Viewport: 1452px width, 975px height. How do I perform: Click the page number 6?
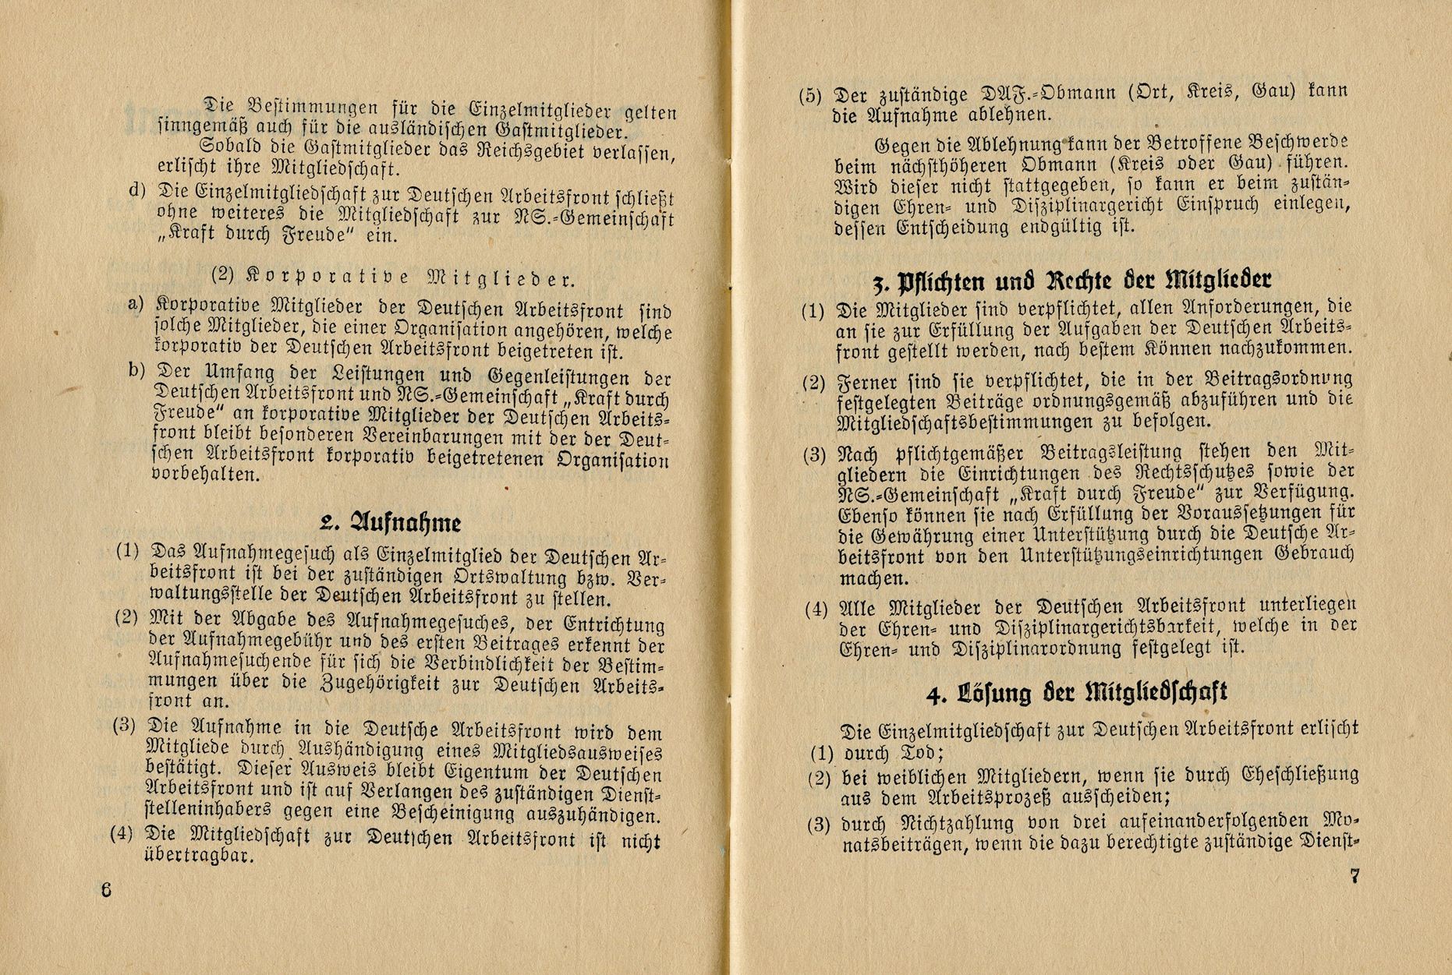click(x=107, y=890)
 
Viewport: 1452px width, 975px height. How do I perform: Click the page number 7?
click(x=1355, y=876)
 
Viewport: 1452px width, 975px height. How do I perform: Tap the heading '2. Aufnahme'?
click(x=391, y=522)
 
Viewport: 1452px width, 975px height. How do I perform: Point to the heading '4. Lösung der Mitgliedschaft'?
click(x=1077, y=691)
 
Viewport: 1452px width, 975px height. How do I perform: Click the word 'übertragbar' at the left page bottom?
click(x=198, y=856)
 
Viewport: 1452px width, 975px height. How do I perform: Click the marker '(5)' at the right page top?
click(x=810, y=96)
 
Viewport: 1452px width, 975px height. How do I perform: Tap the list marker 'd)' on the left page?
click(x=136, y=190)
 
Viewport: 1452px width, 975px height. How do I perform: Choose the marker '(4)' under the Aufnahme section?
click(x=122, y=833)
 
